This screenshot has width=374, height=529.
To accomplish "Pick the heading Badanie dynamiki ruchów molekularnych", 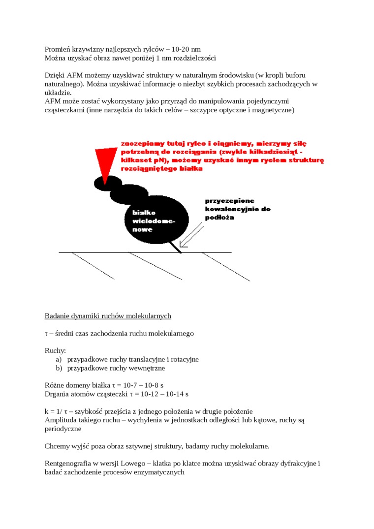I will point(108,315).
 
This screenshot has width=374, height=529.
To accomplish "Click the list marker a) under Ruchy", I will point(59,359).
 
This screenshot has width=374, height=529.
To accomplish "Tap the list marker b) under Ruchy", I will point(59,368).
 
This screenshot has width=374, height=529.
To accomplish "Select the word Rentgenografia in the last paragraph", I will point(67,464).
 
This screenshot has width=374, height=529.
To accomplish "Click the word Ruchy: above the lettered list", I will point(55,351).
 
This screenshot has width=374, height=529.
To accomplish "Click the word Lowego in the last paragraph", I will point(132,464).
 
